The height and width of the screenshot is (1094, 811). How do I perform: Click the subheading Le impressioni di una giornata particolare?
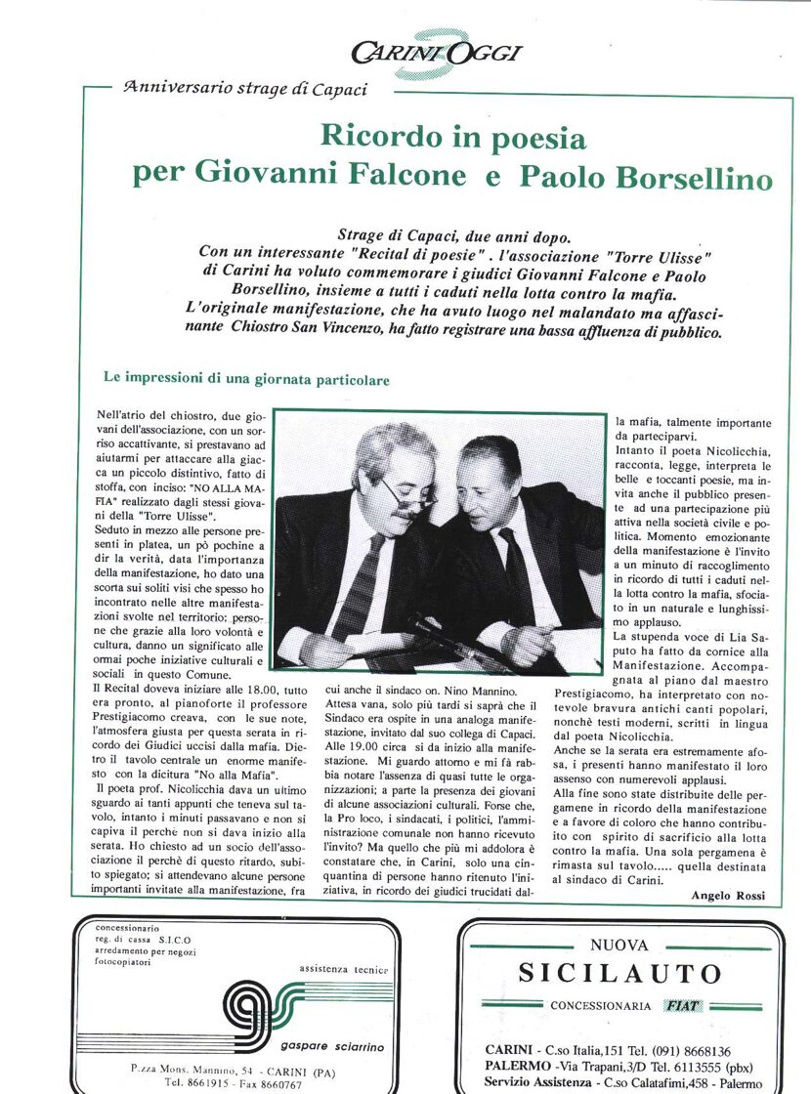tap(246, 378)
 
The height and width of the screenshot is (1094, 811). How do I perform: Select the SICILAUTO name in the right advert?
tap(619, 974)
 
